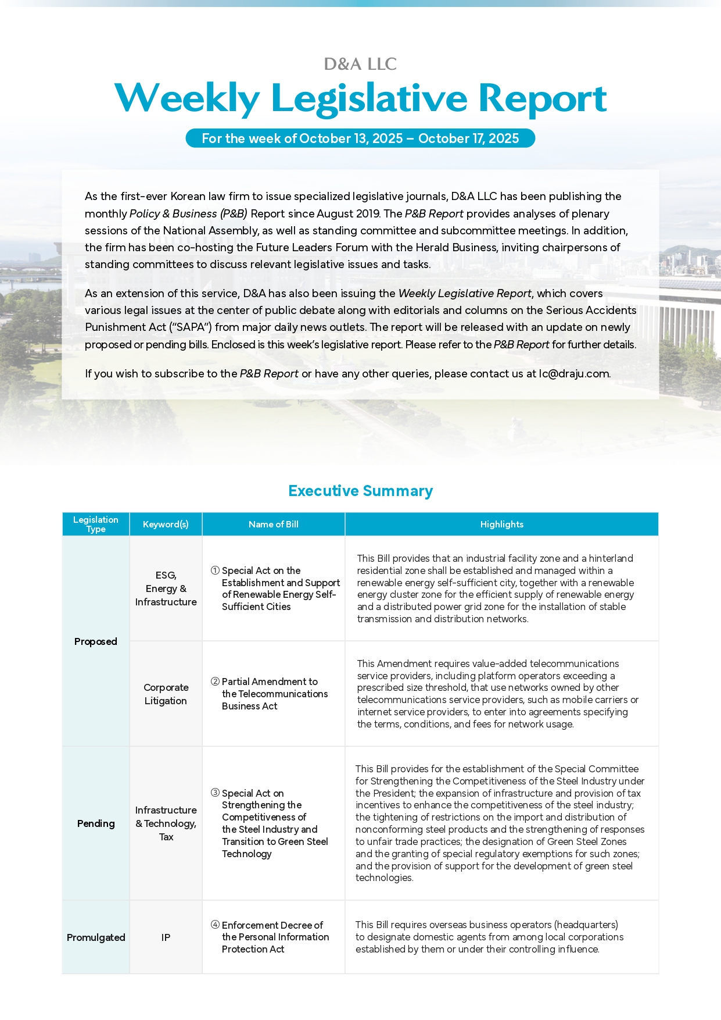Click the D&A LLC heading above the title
(360, 64)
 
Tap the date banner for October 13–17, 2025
(360, 138)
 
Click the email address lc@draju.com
(574, 374)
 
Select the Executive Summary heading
(360, 491)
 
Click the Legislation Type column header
(96, 524)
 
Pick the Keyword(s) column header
(166, 524)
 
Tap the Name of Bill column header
(273, 524)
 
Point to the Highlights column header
(501, 524)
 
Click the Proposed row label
(96, 641)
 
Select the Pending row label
(96, 823)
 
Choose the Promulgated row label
(96, 937)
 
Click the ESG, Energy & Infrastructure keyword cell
(166, 589)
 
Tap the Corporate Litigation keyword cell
(166, 694)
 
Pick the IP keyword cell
(166, 937)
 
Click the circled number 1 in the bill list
(215, 570)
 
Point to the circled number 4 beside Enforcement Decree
(215, 925)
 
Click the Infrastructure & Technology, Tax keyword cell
(166, 823)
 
